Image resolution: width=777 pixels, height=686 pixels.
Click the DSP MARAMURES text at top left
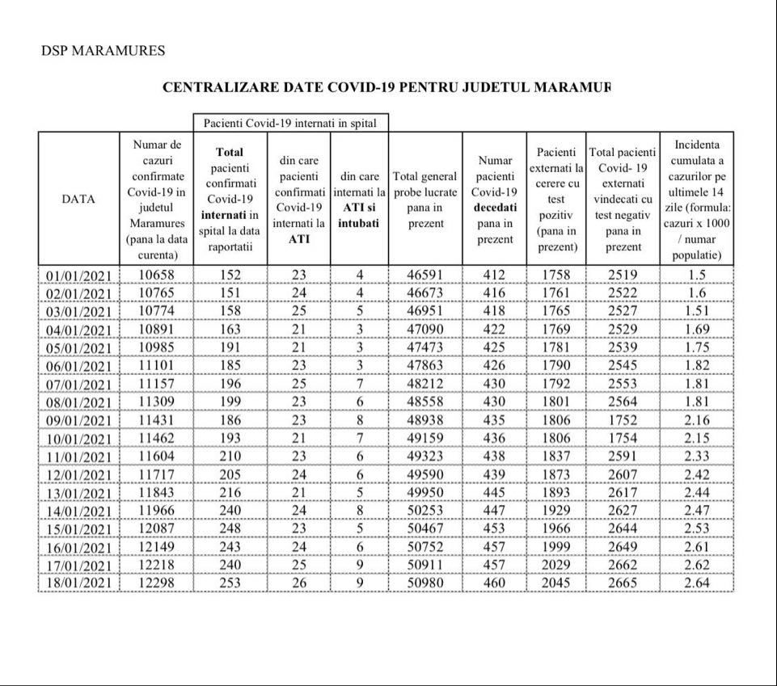tap(103, 51)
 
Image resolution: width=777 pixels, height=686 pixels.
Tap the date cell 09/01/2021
tap(78, 421)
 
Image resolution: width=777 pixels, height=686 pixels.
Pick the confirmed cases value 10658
tap(156, 275)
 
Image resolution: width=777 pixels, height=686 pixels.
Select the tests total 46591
tap(425, 275)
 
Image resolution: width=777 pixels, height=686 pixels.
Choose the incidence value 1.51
tap(696, 311)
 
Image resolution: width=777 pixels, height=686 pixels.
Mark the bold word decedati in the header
tap(495, 208)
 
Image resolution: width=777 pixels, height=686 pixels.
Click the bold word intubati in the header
tap(359, 223)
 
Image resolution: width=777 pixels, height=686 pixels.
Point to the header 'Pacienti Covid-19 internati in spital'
tap(290, 123)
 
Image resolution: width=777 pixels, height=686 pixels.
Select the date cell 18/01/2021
tap(78, 583)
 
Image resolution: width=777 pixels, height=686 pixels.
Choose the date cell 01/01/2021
tap(78, 275)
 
